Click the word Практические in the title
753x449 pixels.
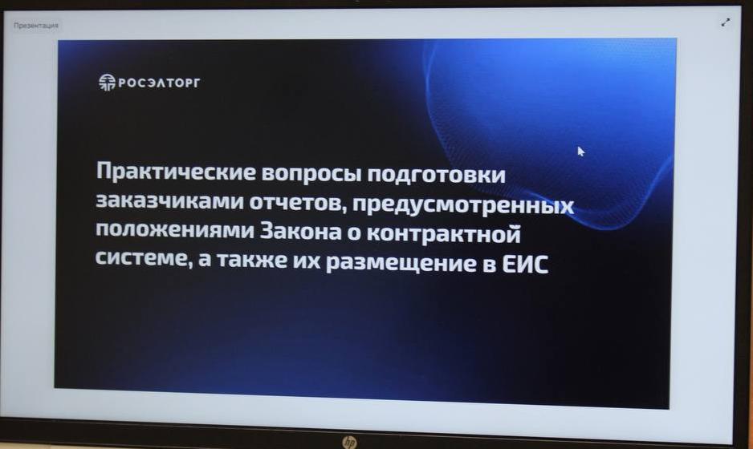[x=176, y=172]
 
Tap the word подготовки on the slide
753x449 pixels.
[x=437, y=175]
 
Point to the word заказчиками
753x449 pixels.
[x=169, y=201]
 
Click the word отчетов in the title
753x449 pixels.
[x=298, y=203]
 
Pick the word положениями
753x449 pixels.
[x=175, y=229]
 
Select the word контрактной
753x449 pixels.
[x=444, y=233]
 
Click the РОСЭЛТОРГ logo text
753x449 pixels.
[x=159, y=83]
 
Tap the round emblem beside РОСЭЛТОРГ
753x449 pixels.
[x=107, y=82]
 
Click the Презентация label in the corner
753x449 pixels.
[x=36, y=26]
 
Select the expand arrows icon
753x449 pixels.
[x=725, y=22]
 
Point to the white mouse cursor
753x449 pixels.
[x=580, y=151]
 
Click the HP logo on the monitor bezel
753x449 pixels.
[x=350, y=442]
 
